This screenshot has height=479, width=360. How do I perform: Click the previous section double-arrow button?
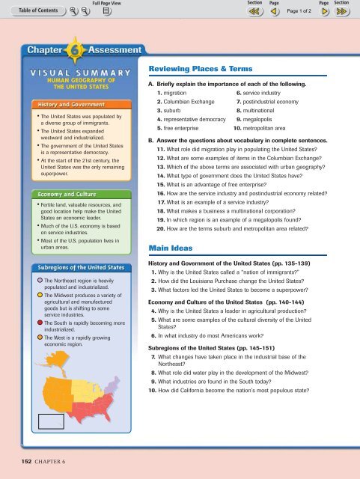tap(254, 13)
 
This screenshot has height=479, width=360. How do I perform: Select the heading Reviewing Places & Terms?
tap(198, 68)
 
